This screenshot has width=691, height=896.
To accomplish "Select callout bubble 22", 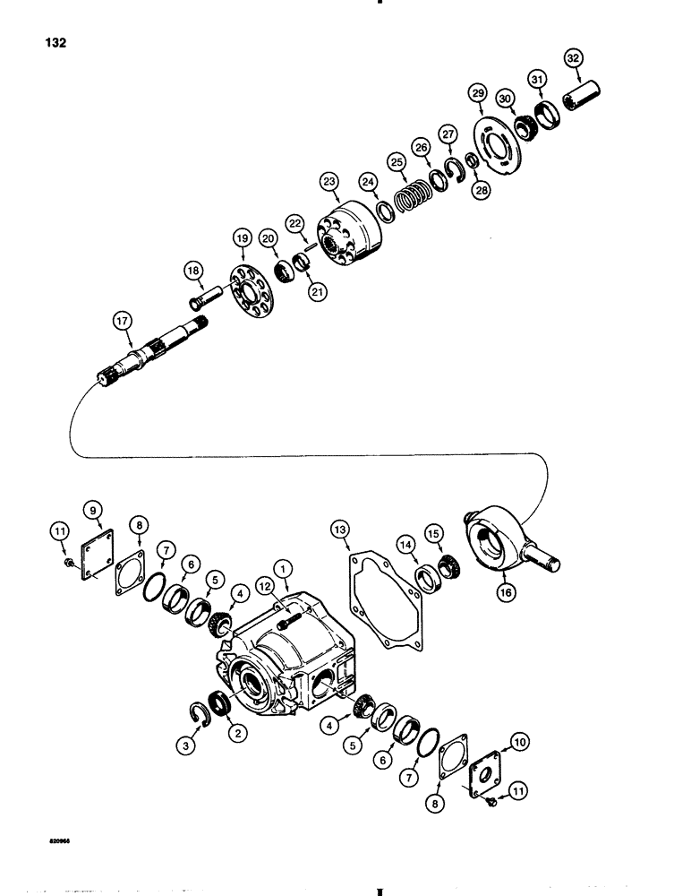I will (294, 223).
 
